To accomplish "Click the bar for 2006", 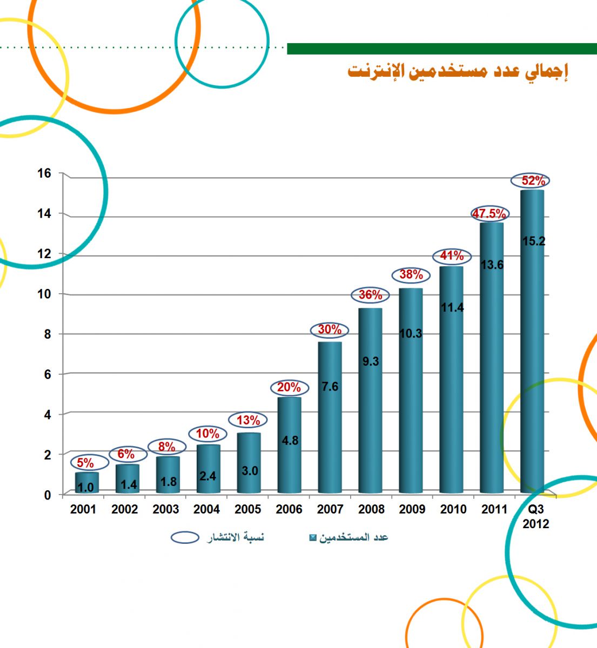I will (x=290, y=446).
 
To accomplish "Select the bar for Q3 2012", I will (x=533, y=340).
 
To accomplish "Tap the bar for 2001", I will (x=86, y=483).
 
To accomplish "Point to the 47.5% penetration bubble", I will (x=489, y=214).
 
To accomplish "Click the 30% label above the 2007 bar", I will (x=330, y=329).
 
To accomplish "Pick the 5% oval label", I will (x=85, y=463).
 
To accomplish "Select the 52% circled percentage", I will (x=533, y=181).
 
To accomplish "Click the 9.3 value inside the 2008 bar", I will (x=371, y=362).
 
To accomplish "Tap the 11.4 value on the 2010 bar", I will (x=452, y=308).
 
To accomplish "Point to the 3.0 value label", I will (x=250, y=471).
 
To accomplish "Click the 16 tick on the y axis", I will (x=44, y=173).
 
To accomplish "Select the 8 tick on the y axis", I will (x=47, y=334).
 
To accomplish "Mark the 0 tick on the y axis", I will (x=48, y=495).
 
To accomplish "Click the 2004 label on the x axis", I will (x=207, y=509).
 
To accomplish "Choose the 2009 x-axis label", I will (x=412, y=509).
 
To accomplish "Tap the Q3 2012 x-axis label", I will (x=535, y=516).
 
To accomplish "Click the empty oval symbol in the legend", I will (x=185, y=537).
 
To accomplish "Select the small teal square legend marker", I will (x=312, y=538).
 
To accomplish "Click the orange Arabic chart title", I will (x=458, y=71).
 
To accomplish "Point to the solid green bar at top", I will (x=441, y=49).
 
